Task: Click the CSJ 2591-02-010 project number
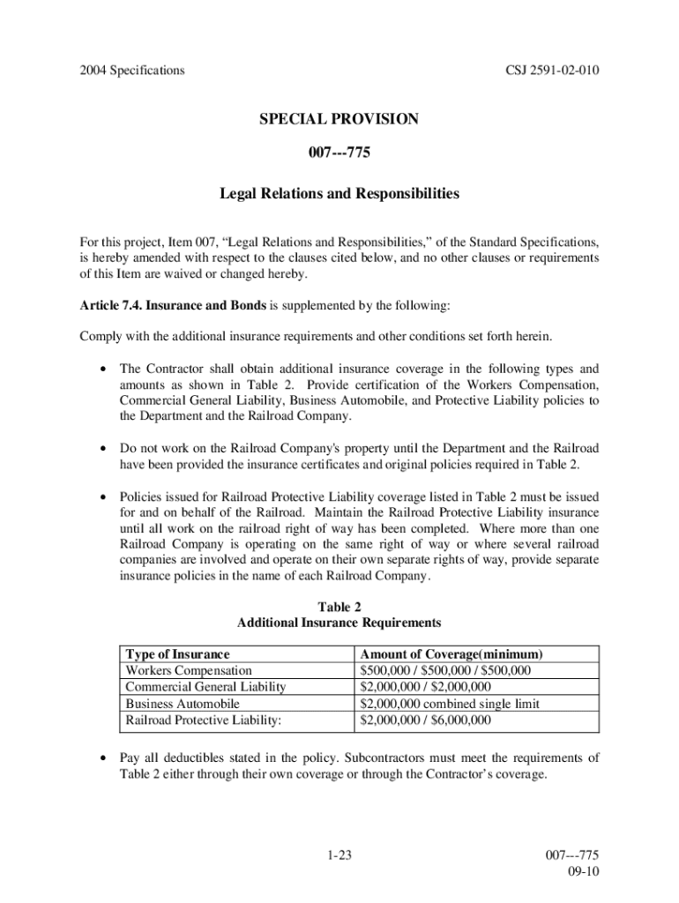(548, 70)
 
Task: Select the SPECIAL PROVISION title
(339, 119)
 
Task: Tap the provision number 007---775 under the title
(339, 155)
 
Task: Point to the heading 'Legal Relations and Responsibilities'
(339, 193)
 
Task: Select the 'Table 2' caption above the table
(339, 607)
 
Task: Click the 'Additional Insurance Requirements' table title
(339, 623)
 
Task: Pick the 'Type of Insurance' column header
(177, 654)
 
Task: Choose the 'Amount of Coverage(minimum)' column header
(451, 654)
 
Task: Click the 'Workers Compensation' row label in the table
(189, 671)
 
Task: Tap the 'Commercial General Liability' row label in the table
(205, 687)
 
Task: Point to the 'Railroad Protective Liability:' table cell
(204, 720)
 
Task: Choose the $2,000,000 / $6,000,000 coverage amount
(426, 720)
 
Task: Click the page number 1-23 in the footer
(339, 854)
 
